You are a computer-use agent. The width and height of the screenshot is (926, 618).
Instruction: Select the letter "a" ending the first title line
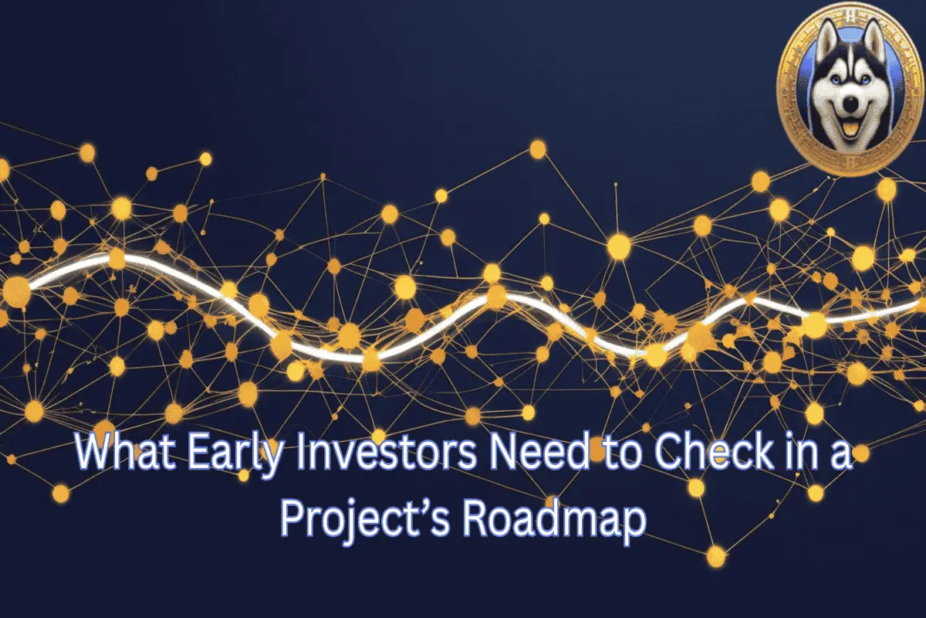coord(840,457)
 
